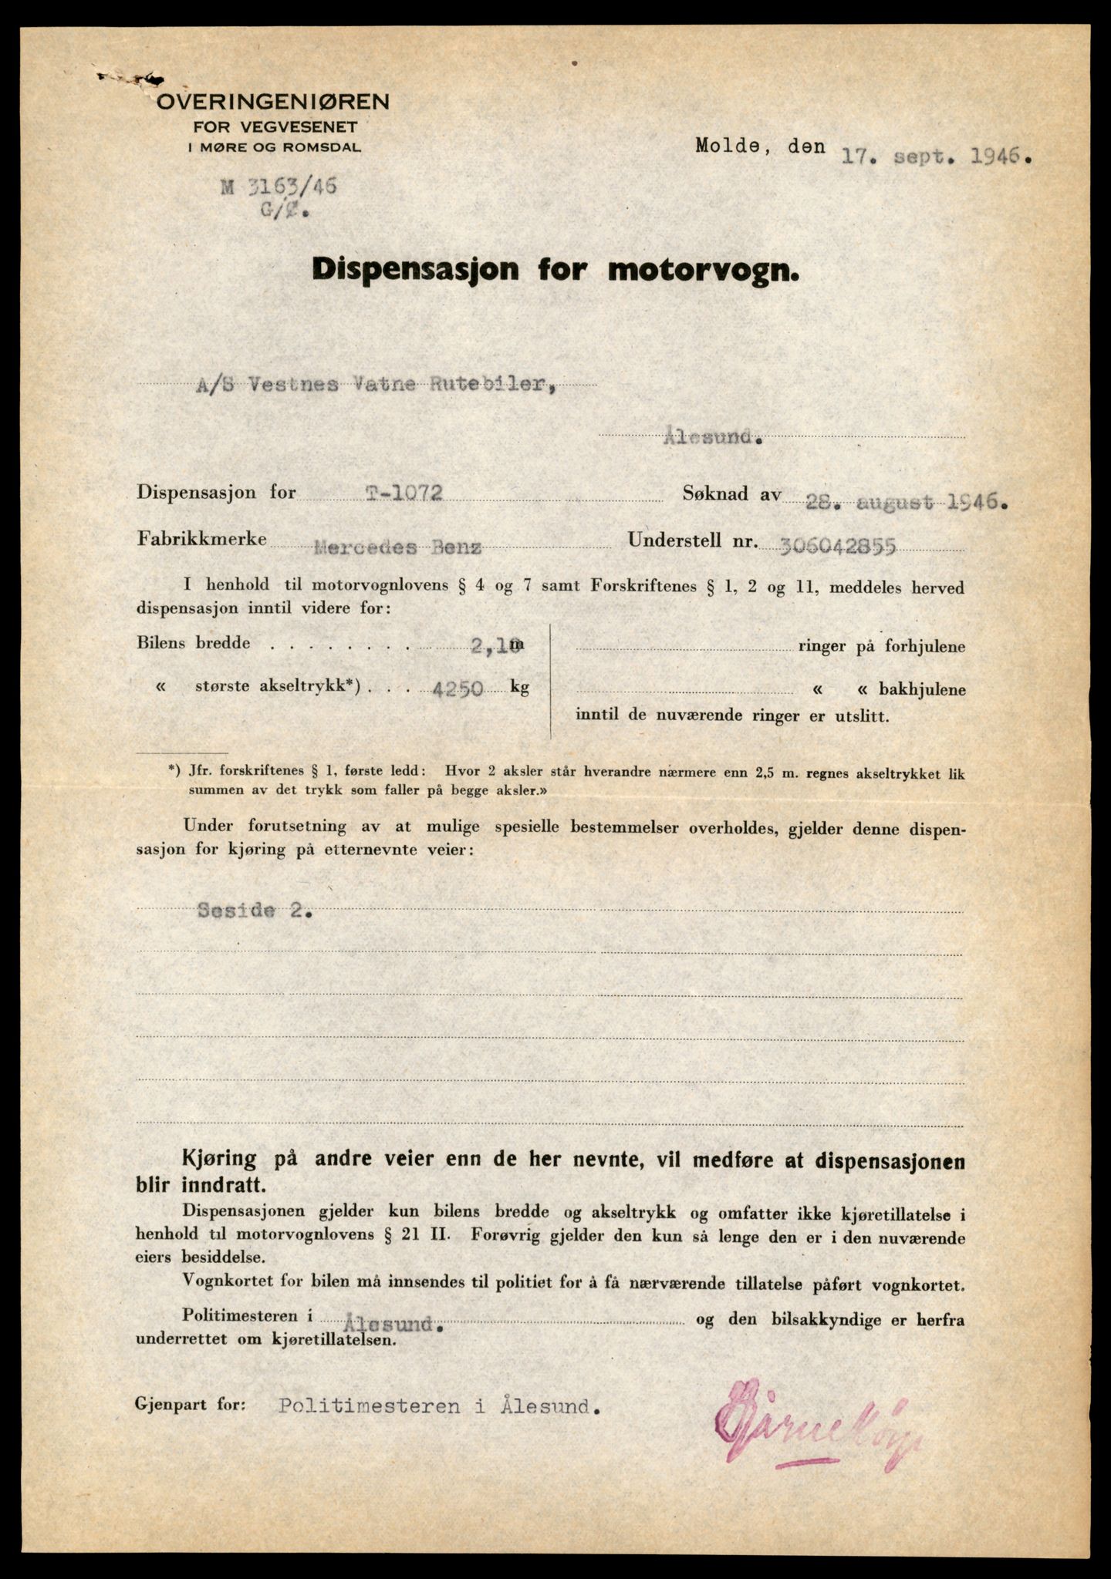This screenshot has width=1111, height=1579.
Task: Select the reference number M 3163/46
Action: click(279, 187)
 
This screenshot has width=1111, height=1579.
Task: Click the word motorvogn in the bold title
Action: click(703, 269)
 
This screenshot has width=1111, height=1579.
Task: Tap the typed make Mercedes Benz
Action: click(397, 547)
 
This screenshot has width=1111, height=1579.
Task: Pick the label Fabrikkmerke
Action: click(202, 538)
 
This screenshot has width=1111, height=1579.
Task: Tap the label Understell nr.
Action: click(690, 540)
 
